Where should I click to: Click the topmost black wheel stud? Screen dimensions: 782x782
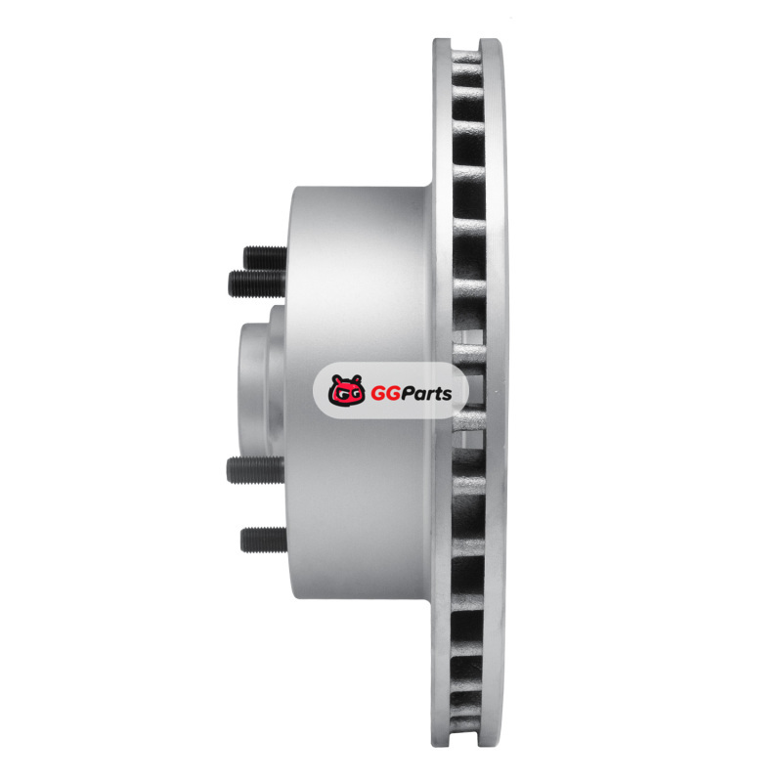click(x=265, y=257)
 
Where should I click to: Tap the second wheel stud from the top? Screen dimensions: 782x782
click(x=257, y=283)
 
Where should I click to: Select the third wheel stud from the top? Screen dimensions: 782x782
click(x=255, y=470)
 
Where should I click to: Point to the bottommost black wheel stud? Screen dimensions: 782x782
click(x=264, y=540)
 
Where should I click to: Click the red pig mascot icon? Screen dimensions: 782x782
click(x=347, y=390)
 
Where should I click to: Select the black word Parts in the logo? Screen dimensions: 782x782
click(x=427, y=393)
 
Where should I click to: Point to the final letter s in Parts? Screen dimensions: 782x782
click(x=447, y=395)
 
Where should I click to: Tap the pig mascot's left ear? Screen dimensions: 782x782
click(x=335, y=379)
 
